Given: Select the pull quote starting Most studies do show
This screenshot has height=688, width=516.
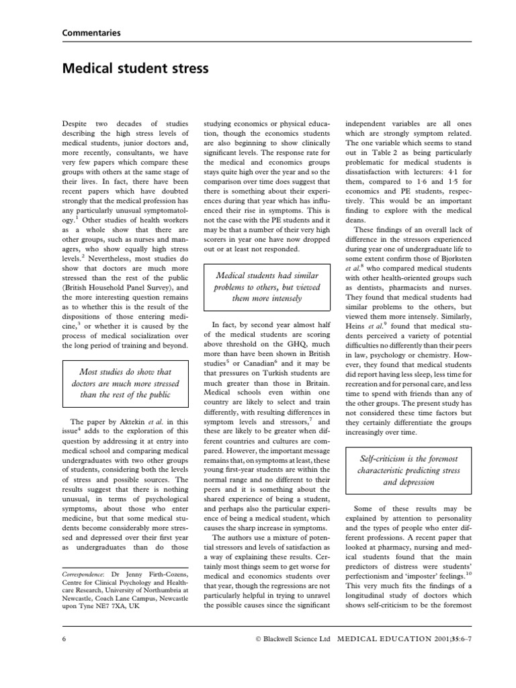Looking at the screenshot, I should (x=126, y=383).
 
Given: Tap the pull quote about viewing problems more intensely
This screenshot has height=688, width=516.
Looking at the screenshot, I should (x=267, y=286).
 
